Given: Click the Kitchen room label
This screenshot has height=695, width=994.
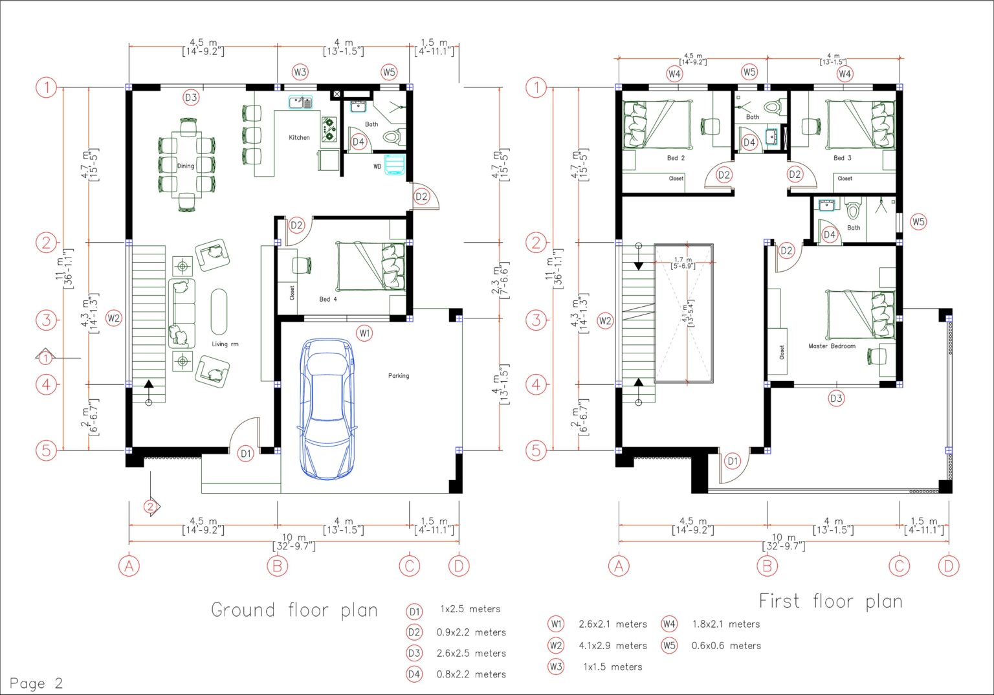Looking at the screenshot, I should (x=299, y=137).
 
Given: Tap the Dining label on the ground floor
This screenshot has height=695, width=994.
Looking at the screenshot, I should (x=186, y=166).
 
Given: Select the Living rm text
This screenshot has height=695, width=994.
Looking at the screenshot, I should (x=225, y=344).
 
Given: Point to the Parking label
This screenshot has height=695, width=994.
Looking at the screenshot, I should (x=399, y=375).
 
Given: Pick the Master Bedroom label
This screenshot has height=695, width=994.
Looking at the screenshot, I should (x=832, y=346).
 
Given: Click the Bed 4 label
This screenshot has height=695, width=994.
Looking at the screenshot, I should (x=328, y=300).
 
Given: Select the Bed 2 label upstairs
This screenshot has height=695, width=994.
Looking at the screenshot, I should (x=676, y=158).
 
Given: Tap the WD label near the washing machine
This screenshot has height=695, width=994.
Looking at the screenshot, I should (x=377, y=167).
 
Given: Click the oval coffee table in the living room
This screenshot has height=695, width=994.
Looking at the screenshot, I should (x=219, y=311).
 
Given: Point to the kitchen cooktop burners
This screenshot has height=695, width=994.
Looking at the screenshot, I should (x=329, y=129).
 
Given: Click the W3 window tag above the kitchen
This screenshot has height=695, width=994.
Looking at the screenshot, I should (x=300, y=72).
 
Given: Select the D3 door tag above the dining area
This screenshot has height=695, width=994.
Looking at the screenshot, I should (x=191, y=98).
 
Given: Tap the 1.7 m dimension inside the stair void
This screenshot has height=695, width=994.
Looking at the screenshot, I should (x=683, y=260).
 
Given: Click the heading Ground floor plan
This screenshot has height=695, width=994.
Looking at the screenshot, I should (x=294, y=610).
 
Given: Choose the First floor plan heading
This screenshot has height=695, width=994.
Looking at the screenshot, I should (x=830, y=601).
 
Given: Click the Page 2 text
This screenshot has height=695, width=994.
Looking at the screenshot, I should (x=36, y=683).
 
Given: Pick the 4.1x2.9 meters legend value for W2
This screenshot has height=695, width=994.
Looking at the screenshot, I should (x=613, y=645).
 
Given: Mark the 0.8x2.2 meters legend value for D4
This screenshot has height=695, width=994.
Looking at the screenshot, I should (x=471, y=674).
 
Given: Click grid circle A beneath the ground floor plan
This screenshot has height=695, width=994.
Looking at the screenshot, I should (x=129, y=566).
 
